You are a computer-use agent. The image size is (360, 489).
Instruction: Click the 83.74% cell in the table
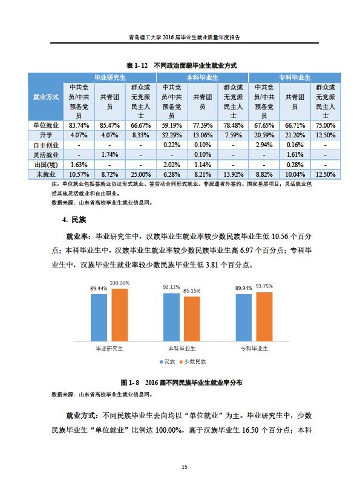[79, 125]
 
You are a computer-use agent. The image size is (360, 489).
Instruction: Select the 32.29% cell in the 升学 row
[171, 135]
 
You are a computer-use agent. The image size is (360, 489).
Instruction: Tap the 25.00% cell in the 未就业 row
[140, 174]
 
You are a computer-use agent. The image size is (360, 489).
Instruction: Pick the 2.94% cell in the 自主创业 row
[264, 145]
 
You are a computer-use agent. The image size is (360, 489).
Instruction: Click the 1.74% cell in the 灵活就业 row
[110, 154]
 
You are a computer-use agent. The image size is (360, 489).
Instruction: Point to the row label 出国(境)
[46, 165]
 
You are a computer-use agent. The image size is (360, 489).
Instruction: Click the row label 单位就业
[46, 125]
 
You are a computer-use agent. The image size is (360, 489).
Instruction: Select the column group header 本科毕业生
[202, 77]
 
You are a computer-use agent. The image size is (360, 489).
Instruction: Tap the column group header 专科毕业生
[295, 77]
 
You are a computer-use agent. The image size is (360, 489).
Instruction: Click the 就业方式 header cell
[46, 97]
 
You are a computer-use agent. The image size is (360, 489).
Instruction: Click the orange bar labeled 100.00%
[120, 315]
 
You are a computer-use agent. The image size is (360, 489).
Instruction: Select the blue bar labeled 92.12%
[171, 317]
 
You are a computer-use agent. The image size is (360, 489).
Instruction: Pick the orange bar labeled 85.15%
[192, 319]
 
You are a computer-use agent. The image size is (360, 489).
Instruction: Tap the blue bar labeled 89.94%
[244, 318]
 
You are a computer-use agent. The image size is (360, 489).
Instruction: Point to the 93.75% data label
[264, 286]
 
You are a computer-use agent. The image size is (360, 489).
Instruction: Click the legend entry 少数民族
[193, 362]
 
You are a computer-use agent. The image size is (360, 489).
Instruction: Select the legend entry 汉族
[168, 362]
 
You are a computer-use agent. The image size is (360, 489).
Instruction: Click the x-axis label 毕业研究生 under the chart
[110, 349]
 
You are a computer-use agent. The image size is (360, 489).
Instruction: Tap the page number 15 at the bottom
[185, 467]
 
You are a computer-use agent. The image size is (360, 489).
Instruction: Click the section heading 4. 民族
[74, 220]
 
